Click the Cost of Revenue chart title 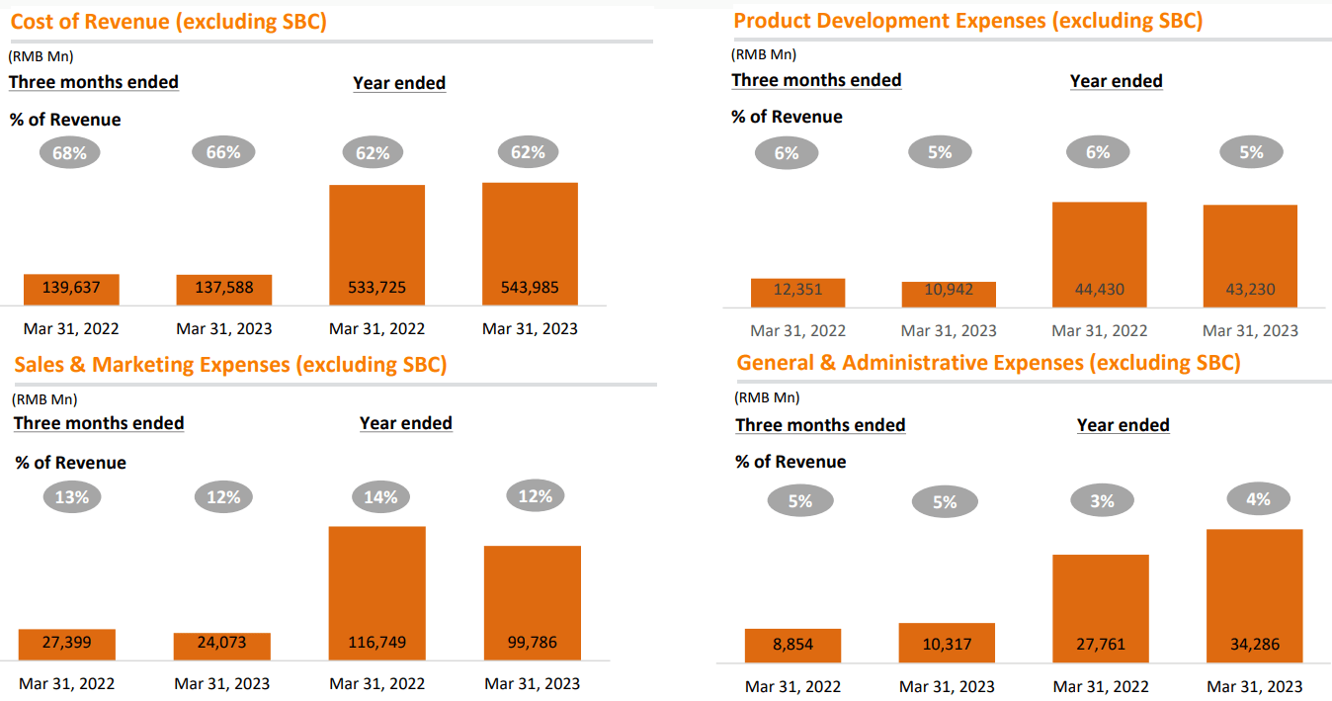click(x=168, y=21)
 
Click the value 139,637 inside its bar click(x=71, y=288)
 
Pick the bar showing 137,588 click(x=223, y=290)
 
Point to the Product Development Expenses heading click(x=967, y=21)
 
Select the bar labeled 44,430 click(x=1099, y=254)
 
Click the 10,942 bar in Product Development click(x=949, y=295)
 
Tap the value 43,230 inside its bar click(x=1249, y=290)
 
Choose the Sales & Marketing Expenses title click(x=230, y=364)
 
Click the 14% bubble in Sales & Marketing click(x=380, y=497)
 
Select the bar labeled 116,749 click(x=376, y=592)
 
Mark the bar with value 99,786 click(x=532, y=602)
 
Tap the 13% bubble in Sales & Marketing click(x=71, y=497)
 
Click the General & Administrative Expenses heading click(x=988, y=363)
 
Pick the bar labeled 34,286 click(x=1255, y=595)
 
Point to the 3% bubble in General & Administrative click(x=1102, y=501)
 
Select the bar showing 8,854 click(x=792, y=645)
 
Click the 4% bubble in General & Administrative click(x=1257, y=499)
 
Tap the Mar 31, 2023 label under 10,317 click(x=947, y=686)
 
